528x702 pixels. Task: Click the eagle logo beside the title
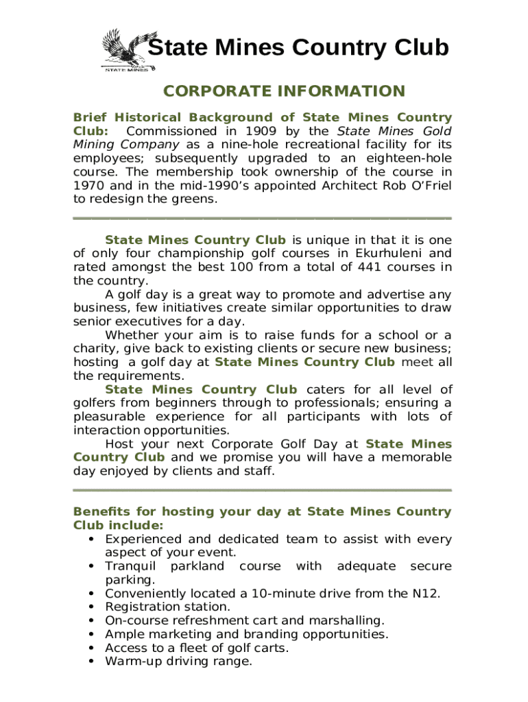[x=127, y=49]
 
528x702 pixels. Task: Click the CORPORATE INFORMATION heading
[x=284, y=91]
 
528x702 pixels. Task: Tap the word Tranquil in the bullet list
[x=130, y=566]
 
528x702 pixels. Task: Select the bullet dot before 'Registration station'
[x=91, y=607]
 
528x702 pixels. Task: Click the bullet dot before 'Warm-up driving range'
[x=91, y=662]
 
